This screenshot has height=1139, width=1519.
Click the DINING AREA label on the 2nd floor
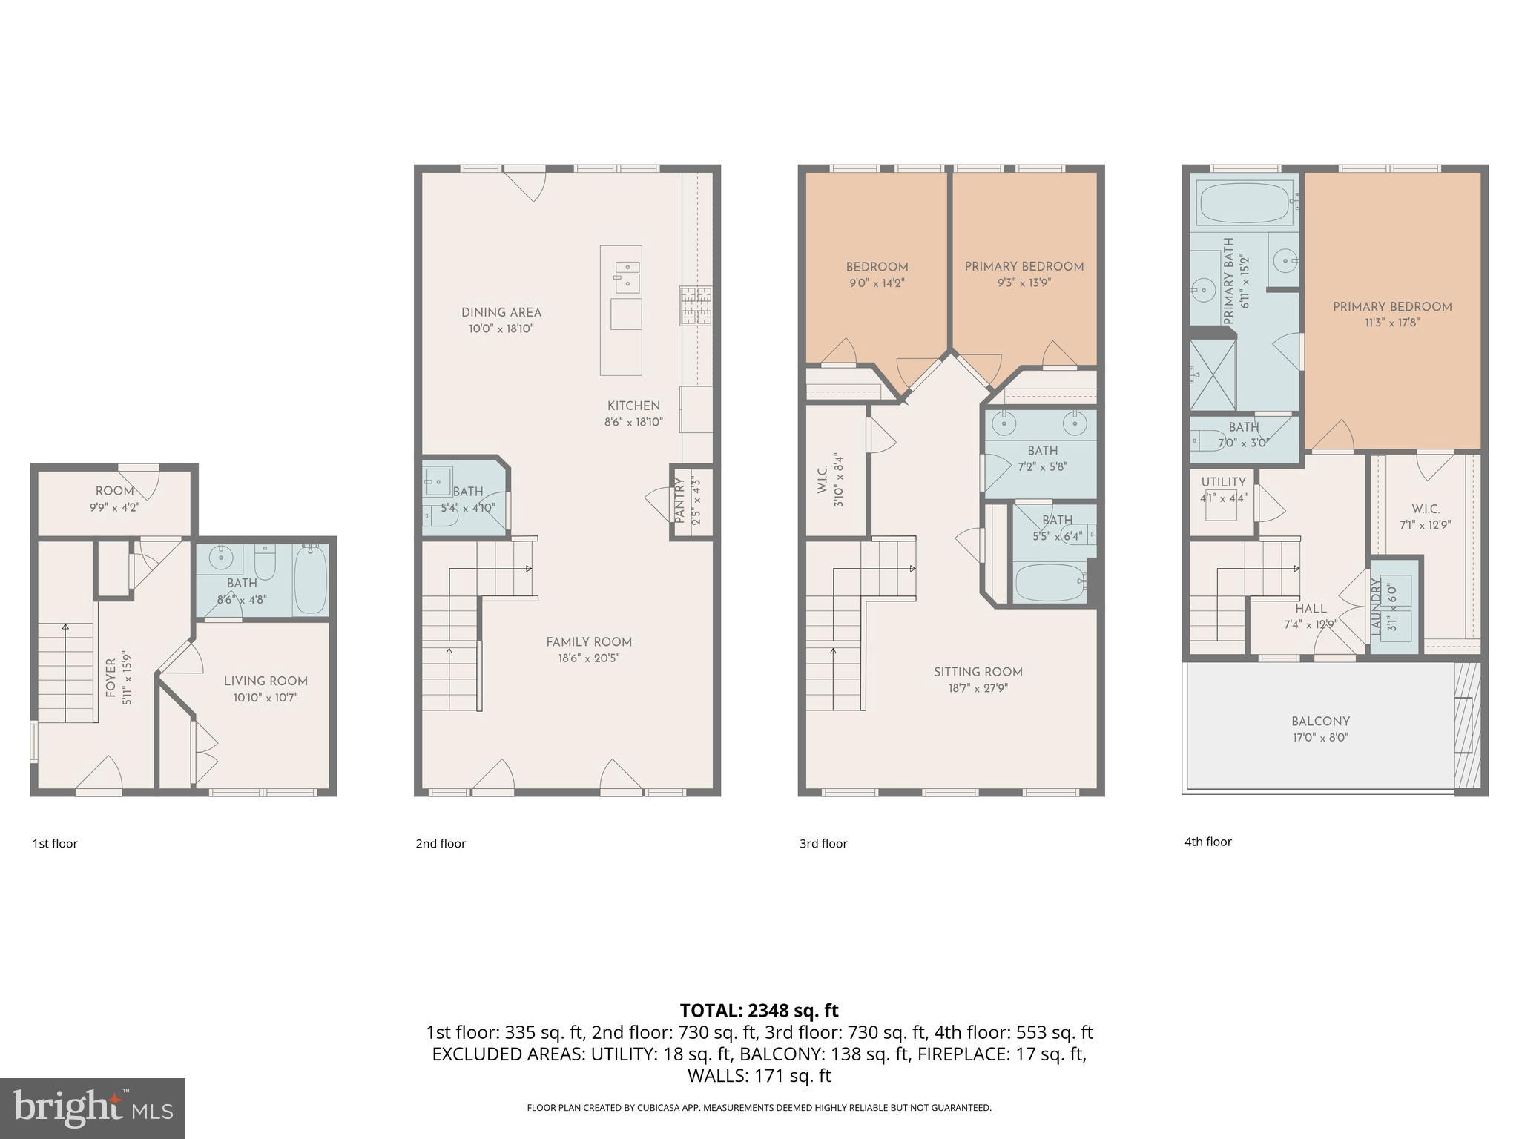[x=501, y=312]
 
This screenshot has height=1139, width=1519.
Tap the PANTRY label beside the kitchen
[x=679, y=501]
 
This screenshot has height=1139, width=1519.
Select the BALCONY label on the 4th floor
[x=1320, y=721]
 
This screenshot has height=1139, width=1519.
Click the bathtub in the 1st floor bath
[x=310, y=578]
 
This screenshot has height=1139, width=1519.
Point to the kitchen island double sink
[x=627, y=274]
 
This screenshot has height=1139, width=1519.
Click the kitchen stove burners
[x=696, y=306]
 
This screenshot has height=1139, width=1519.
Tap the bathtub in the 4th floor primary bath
[x=1245, y=202]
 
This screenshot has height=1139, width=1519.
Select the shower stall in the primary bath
[x=1213, y=374]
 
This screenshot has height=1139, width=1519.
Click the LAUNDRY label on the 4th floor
[x=1377, y=606]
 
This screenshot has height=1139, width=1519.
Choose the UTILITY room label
[x=1223, y=482]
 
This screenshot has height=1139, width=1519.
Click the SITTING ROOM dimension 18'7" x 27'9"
[x=978, y=688]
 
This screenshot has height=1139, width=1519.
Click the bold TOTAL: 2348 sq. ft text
[x=759, y=1010]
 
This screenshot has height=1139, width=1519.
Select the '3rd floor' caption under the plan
[x=823, y=843]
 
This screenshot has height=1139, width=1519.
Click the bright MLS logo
[x=93, y=1108]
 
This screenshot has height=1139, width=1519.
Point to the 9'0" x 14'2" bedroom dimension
[x=877, y=283]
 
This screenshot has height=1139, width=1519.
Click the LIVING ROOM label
[x=266, y=681]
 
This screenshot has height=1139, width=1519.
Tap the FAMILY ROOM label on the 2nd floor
[x=589, y=642]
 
